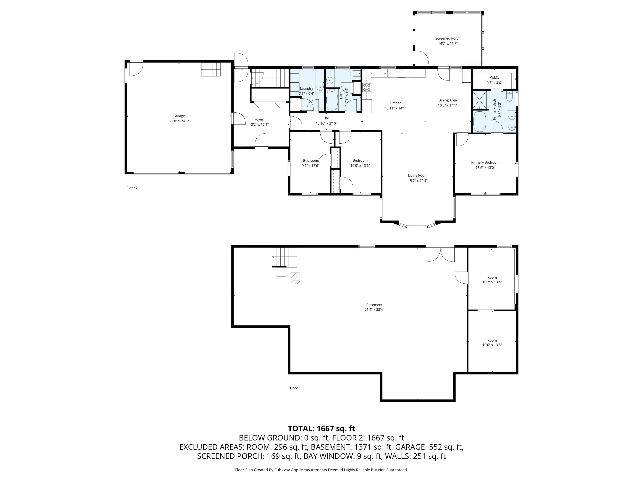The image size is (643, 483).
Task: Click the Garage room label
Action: pos(179,116)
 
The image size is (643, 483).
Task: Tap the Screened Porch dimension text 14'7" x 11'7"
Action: pos(448,44)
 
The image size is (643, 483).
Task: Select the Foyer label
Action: pos(259,119)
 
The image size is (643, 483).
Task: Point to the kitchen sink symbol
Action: pos(388,73)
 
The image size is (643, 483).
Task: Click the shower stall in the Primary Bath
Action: pos(479,100)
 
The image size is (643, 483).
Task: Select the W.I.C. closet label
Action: pos(494,77)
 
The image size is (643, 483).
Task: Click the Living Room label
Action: pos(418,175)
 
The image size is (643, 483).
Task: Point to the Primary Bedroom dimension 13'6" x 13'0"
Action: pos(485,168)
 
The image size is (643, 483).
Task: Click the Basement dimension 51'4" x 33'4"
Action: pos(374,310)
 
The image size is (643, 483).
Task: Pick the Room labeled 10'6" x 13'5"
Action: pos(492,343)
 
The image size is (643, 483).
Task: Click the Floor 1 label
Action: pos(295,388)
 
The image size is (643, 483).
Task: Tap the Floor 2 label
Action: pos(132,188)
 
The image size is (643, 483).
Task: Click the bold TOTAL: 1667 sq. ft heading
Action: pos(321,428)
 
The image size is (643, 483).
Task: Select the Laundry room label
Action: pos(306,88)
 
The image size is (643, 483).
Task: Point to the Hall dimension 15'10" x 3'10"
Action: pos(326,123)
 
